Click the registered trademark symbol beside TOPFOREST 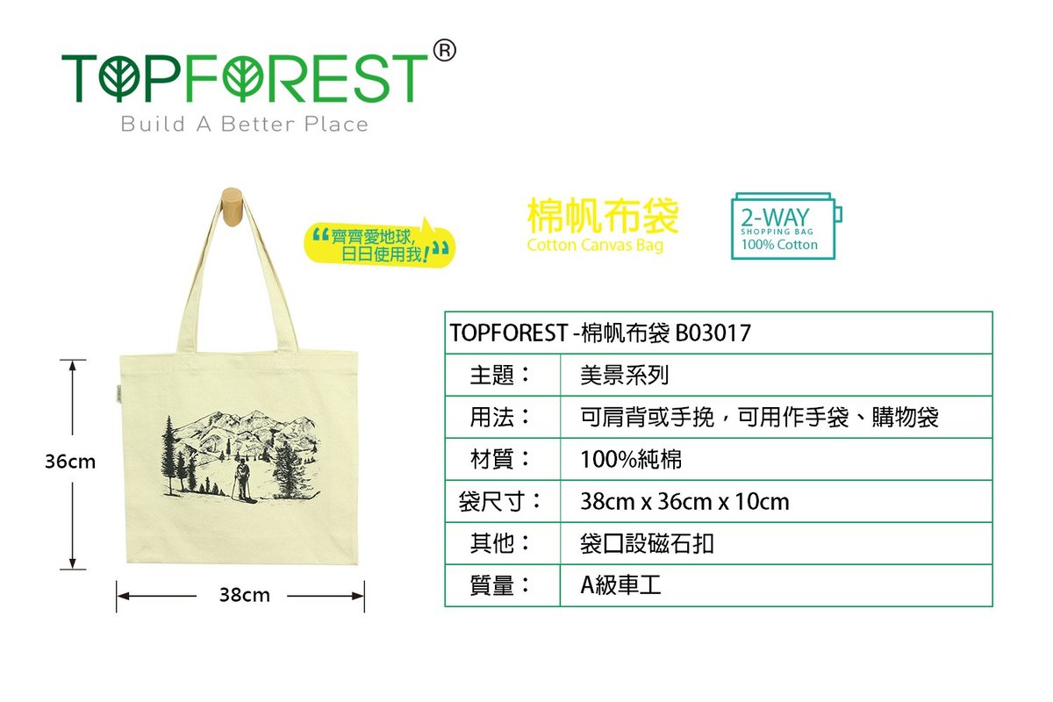click(x=444, y=50)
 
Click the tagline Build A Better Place click(x=245, y=124)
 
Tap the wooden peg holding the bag click(x=232, y=207)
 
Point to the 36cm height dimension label click(x=70, y=462)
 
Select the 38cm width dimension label click(x=245, y=595)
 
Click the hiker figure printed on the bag click(x=243, y=481)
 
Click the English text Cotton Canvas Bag click(x=595, y=246)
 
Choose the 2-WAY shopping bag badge click(x=786, y=226)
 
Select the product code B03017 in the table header click(x=713, y=333)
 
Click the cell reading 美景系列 click(x=624, y=376)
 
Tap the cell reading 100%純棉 click(x=631, y=460)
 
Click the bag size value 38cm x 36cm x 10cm click(x=684, y=502)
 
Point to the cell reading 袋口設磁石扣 click(x=648, y=544)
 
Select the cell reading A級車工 click(x=621, y=586)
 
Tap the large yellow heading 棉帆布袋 click(x=603, y=216)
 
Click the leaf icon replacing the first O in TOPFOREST click(x=119, y=78)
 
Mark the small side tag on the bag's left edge click(x=118, y=394)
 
